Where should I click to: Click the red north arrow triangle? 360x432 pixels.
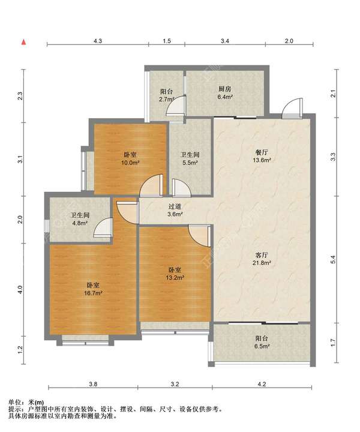click(x=24, y=42)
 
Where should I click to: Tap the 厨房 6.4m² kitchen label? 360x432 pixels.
click(x=225, y=93)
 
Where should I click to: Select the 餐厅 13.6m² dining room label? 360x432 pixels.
click(x=262, y=156)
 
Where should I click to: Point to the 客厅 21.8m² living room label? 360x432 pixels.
click(x=262, y=259)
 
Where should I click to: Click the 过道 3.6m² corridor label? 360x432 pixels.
click(x=175, y=210)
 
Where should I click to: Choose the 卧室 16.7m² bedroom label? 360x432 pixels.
click(x=93, y=289)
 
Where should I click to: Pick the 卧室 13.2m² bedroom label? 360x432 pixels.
click(x=175, y=274)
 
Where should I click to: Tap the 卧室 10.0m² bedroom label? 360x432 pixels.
click(x=130, y=158)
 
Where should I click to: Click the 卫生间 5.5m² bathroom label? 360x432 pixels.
click(x=190, y=158)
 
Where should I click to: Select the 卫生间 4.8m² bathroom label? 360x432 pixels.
click(x=80, y=219)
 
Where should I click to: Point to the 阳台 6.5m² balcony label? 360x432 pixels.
click(x=262, y=342)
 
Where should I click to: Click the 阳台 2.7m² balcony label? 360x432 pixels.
click(x=167, y=95)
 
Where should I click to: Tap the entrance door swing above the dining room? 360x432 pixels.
click(x=292, y=108)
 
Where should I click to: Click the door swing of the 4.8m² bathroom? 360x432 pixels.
click(x=103, y=227)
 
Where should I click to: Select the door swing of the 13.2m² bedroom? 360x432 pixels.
click(x=199, y=236)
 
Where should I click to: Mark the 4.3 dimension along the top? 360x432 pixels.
click(x=98, y=41)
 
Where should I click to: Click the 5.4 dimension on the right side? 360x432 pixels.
click(x=333, y=260)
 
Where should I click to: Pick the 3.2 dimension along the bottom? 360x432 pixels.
click(x=175, y=384)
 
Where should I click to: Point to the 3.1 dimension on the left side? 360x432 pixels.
click(x=20, y=159)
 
